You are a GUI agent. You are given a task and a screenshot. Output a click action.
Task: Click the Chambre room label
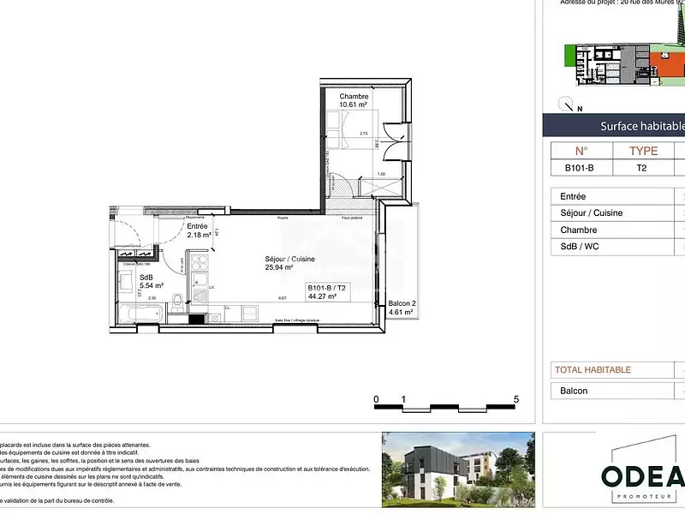(x=354, y=97)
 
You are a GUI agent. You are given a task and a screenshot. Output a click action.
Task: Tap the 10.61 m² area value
(x=354, y=105)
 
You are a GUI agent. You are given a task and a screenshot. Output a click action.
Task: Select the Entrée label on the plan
(x=197, y=226)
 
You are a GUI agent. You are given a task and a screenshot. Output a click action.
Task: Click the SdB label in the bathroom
(x=146, y=278)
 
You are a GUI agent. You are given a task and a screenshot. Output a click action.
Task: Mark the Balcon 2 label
(x=402, y=304)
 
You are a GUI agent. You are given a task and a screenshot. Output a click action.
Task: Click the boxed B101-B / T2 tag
(x=325, y=292)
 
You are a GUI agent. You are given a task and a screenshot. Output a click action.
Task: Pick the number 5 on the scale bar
(x=516, y=399)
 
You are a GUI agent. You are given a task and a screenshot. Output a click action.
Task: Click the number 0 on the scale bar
(x=376, y=399)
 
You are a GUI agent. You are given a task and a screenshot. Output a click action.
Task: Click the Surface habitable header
(x=642, y=126)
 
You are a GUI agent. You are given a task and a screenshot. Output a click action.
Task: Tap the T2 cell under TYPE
(x=641, y=168)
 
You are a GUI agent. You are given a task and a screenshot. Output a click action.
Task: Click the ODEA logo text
(x=642, y=476)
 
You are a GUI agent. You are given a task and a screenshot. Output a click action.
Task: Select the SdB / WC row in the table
(x=581, y=247)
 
